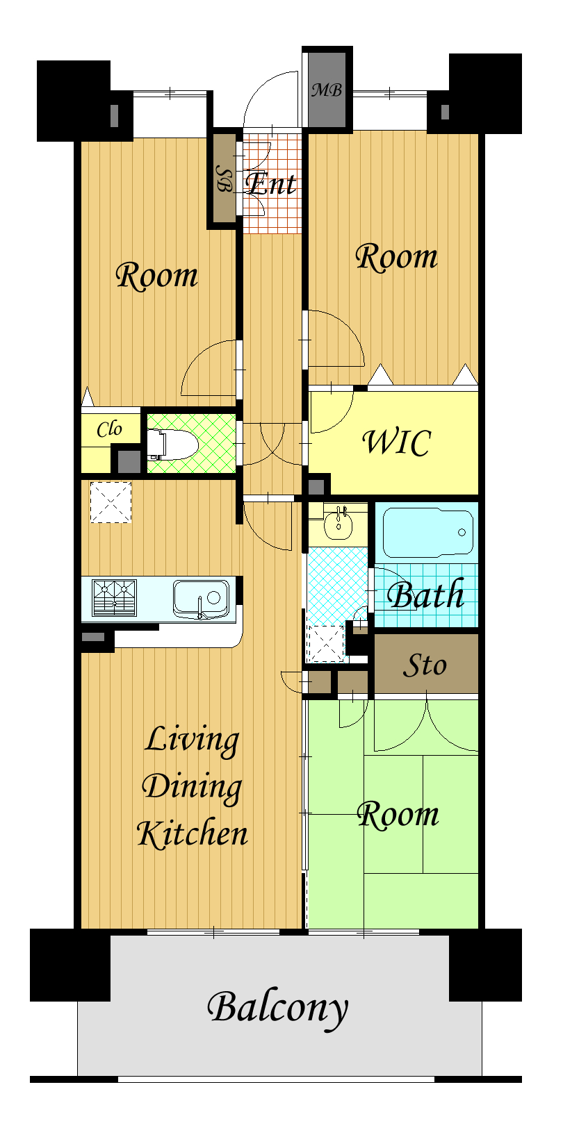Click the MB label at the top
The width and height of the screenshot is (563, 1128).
(327, 90)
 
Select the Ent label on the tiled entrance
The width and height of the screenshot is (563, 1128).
(270, 183)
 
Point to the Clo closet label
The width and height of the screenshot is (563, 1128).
(109, 429)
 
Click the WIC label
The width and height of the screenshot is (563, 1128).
(397, 442)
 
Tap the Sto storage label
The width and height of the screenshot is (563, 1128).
(425, 665)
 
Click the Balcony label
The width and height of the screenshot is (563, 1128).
(278, 1009)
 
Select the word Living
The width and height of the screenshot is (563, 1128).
(192, 740)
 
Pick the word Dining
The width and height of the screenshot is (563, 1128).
(192, 787)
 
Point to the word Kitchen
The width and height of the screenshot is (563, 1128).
(192, 833)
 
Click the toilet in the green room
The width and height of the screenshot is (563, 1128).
(172, 444)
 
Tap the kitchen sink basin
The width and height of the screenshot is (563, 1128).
(202, 599)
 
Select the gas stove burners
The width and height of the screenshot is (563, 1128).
(115, 598)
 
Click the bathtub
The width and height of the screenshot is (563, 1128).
(427, 532)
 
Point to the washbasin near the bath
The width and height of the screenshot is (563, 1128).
(338, 523)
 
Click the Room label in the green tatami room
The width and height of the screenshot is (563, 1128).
(398, 815)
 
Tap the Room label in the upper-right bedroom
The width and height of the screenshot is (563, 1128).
(397, 257)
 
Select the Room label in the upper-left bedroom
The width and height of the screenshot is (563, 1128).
(157, 276)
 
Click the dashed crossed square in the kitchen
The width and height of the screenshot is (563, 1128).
(111, 502)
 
